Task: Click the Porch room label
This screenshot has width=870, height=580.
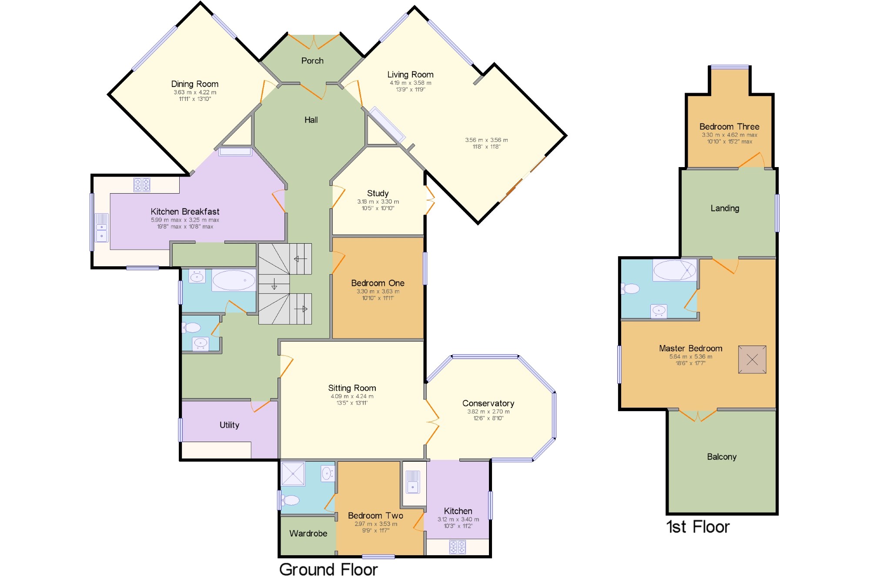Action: coord(312,61)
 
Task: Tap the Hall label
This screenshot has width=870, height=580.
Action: coord(311,120)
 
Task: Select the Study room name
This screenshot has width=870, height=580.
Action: coord(378,193)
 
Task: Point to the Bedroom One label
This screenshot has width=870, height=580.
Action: coord(378,283)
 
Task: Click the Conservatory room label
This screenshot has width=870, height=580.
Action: coord(488,403)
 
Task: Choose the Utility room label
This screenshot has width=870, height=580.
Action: coord(229,425)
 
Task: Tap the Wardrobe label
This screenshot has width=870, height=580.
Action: coord(308,533)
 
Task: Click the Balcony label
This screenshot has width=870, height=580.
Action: coord(722,457)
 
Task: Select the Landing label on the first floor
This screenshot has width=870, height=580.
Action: coord(725,208)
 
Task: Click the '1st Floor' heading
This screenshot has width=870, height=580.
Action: coord(698,527)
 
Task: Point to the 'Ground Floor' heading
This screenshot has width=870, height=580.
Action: coord(328,570)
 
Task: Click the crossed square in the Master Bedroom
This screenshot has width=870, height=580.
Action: coord(752,359)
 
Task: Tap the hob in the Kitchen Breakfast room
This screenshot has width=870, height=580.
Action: coord(142,184)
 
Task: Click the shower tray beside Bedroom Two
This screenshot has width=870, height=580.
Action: coord(293,473)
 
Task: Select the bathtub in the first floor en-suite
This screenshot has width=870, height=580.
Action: coord(674,270)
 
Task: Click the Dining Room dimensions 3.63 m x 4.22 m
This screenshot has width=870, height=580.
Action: coord(195,92)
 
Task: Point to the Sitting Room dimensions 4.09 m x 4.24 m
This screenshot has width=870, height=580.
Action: coord(352,396)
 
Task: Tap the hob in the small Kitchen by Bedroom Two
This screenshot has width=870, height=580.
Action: coord(458,547)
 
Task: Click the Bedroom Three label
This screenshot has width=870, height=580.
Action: coord(729,127)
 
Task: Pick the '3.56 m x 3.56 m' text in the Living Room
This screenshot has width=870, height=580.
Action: coord(486,140)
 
